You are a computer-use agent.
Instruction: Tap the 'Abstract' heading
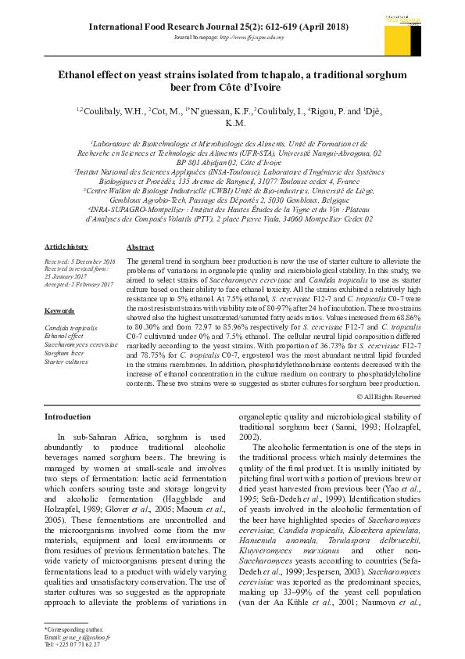point(140,247)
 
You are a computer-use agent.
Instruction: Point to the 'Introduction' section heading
point(67,417)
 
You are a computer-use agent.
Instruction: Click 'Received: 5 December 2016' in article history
point(80,261)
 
